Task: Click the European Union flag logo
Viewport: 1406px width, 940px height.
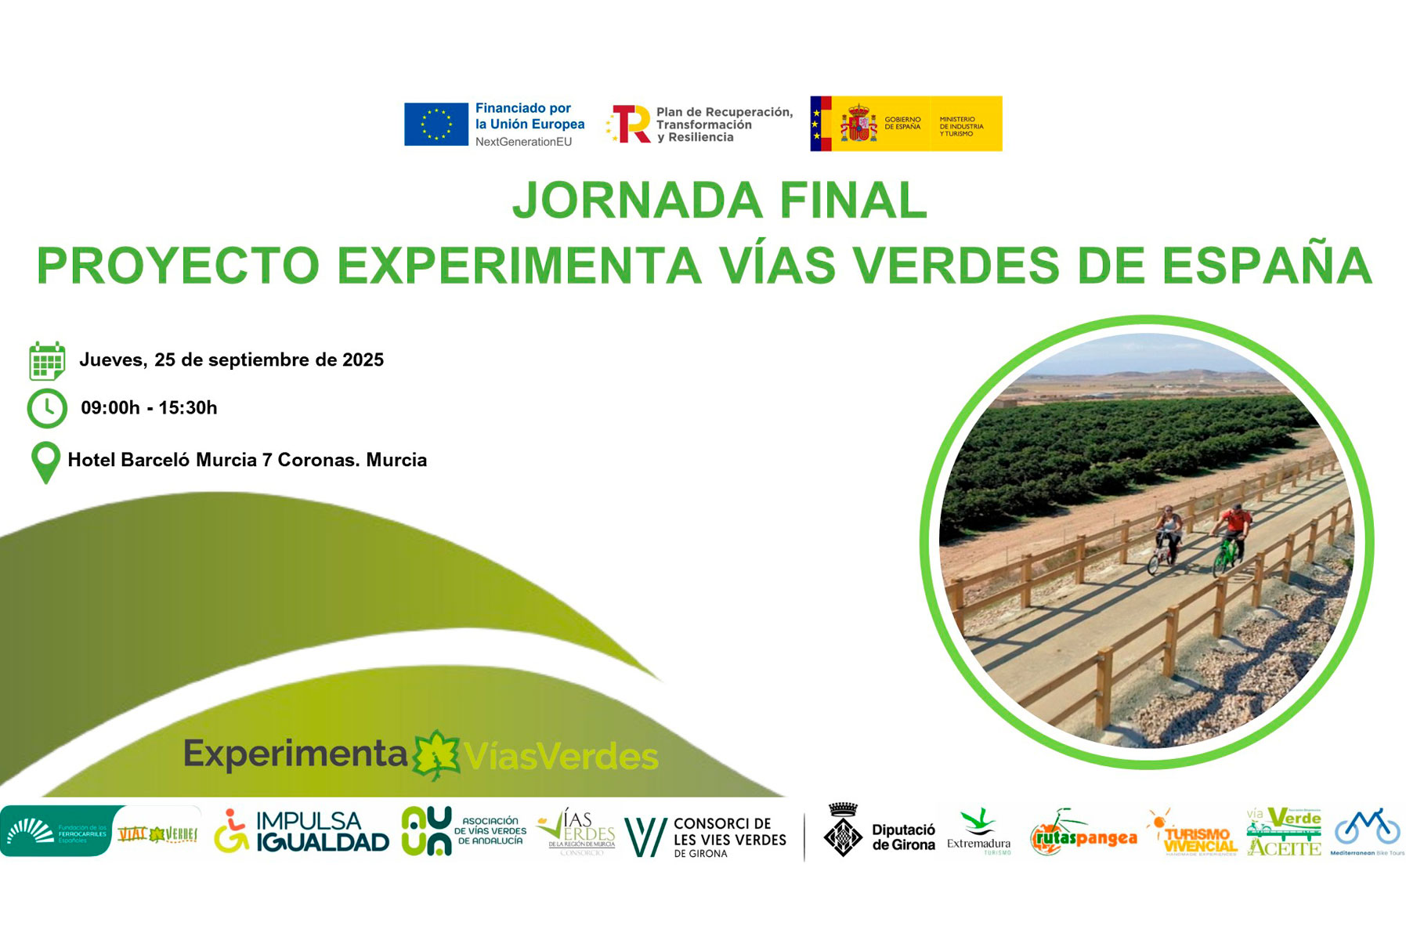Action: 436,125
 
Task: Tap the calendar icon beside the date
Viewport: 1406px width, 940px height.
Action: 46,361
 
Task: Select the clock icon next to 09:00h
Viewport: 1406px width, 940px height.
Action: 47,408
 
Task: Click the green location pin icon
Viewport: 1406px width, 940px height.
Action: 45,462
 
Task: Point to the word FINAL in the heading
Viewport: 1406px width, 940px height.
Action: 853,201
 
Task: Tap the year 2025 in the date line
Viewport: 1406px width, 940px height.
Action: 363,360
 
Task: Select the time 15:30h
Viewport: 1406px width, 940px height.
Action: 188,408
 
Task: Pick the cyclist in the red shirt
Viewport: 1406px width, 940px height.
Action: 1235,523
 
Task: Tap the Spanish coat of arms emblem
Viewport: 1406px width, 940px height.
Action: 858,124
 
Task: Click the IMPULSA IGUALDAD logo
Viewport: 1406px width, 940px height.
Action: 302,832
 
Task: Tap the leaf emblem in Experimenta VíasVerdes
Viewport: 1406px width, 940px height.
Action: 436,754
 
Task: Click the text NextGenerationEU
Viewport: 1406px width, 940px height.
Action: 523,142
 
